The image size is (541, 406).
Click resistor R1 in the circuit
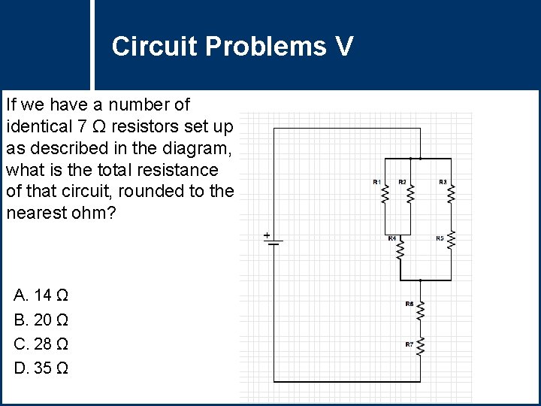(385, 194)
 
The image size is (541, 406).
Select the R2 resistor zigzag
(410, 194)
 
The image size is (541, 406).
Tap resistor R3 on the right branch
(452, 194)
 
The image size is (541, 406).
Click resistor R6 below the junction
(421, 308)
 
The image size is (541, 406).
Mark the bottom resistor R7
(421, 347)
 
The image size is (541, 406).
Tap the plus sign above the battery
(267, 235)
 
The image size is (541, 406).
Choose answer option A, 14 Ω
(42, 294)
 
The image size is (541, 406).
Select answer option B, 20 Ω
(42, 320)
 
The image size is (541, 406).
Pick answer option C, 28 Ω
(42, 344)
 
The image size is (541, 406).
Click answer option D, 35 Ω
(42, 369)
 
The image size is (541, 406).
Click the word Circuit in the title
(154, 47)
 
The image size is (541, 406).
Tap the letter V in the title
(343, 47)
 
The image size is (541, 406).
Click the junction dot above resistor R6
(421, 280)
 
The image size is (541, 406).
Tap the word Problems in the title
(265, 47)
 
